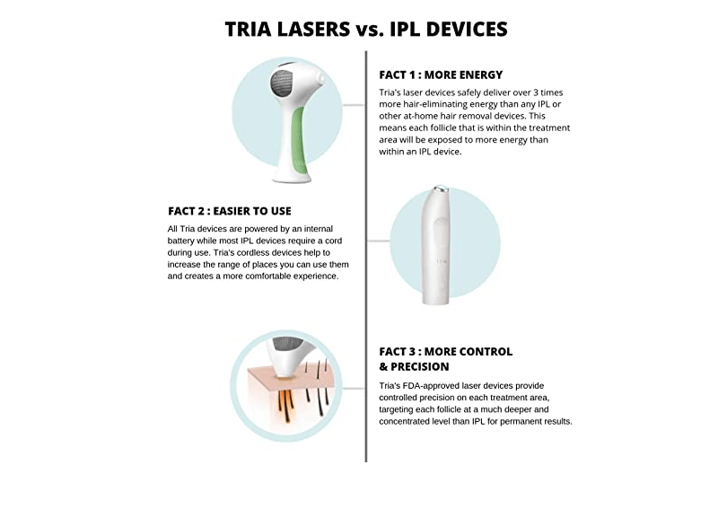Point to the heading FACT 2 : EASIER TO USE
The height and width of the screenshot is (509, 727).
tap(230, 211)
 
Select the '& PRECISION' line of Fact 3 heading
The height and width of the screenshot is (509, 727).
tap(414, 366)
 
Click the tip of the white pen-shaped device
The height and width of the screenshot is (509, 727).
tap(440, 191)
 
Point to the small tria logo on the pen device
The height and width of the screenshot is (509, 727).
tap(442, 261)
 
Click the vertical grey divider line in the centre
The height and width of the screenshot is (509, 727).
tap(366, 269)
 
